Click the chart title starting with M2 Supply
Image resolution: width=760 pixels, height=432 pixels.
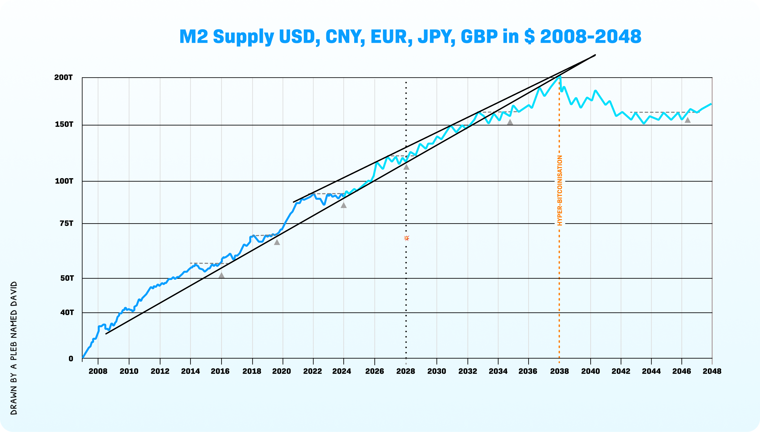pos(410,36)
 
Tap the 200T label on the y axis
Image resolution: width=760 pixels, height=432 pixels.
pos(64,78)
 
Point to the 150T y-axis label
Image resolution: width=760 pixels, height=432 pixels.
pos(64,124)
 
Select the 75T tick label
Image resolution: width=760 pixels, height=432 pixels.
pos(66,223)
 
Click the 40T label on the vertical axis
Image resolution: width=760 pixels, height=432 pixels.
pos(67,312)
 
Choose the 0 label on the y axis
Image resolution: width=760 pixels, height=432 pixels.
pos(71,359)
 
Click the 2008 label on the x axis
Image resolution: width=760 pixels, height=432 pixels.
pos(98,371)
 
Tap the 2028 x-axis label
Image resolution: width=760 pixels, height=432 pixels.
pos(406,371)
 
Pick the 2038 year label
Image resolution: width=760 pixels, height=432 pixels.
pos(559,371)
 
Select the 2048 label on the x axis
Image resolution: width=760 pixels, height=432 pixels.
pos(712,371)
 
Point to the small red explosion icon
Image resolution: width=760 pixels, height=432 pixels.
pos(406,238)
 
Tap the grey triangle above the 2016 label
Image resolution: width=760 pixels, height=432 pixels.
pos(221,275)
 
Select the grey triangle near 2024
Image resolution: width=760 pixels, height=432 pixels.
pos(344,205)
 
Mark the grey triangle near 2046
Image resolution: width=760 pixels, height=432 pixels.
pos(687,120)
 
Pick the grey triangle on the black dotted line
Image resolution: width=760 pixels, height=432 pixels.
pos(406,167)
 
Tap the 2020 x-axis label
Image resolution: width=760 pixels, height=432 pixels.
pos(281,371)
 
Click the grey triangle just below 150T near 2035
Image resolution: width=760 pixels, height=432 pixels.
pos(510,122)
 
